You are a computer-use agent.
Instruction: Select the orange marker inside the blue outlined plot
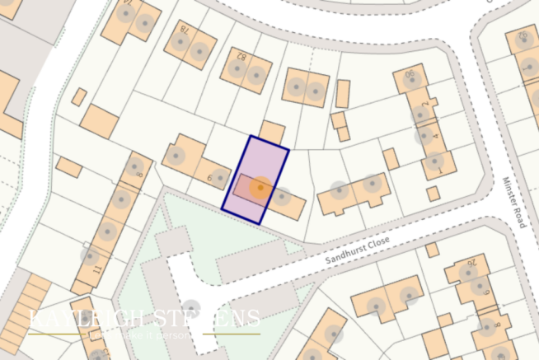point(260,188)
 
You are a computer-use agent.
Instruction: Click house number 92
point(522,37)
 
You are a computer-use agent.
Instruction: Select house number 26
point(472,264)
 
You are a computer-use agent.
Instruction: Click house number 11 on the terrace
point(96,269)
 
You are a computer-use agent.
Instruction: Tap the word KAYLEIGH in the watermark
point(79,320)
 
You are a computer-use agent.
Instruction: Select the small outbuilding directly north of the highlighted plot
point(273,132)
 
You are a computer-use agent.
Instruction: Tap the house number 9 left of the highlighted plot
point(211,176)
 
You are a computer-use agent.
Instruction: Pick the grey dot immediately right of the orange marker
point(282,197)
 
